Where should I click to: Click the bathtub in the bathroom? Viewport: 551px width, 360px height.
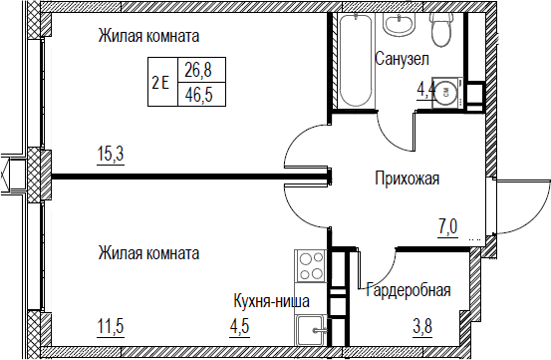pyautogui.click(x=357, y=60)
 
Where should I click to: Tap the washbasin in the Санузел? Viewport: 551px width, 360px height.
pyautogui.click(x=400, y=25)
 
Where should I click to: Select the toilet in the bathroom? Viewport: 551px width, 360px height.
pyautogui.click(x=441, y=30)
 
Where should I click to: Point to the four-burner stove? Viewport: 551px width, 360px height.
pyautogui.click(x=311, y=265)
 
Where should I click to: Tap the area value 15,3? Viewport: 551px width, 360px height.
pyautogui.click(x=111, y=154)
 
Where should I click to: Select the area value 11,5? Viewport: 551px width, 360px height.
pyautogui.click(x=111, y=326)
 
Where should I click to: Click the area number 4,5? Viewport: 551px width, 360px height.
pyautogui.click(x=240, y=326)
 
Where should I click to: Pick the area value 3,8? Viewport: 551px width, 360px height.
pyautogui.click(x=422, y=326)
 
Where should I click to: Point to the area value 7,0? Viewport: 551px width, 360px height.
pyautogui.click(x=447, y=227)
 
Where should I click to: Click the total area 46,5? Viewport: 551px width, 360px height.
pyautogui.click(x=199, y=95)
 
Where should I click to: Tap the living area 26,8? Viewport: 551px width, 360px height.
pyautogui.click(x=199, y=70)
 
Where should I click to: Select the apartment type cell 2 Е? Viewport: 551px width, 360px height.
pyautogui.click(x=160, y=84)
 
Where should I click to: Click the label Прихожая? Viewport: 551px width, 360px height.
pyautogui.click(x=407, y=179)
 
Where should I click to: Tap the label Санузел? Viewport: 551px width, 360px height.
pyautogui.click(x=402, y=59)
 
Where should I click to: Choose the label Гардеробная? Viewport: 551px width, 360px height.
pyautogui.click(x=409, y=290)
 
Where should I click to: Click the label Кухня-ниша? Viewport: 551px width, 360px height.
pyautogui.click(x=272, y=301)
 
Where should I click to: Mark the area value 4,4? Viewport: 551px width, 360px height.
pyautogui.click(x=426, y=91)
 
